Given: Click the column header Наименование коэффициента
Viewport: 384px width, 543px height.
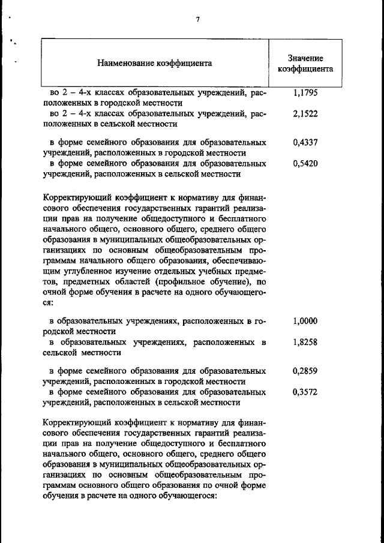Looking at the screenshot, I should point(155,62).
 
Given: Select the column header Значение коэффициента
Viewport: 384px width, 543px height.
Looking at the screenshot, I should point(305,64).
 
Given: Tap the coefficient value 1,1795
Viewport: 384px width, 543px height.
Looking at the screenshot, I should point(305,94).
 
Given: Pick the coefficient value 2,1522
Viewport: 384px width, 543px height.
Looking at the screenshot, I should point(305,114).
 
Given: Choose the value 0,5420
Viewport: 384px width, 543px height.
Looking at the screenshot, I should point(305,164).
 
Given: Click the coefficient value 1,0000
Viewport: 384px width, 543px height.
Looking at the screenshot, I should point(305,321).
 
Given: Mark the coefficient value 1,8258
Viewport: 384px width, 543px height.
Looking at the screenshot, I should point(305,342).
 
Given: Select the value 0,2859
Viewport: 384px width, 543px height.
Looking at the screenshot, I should point(305,371).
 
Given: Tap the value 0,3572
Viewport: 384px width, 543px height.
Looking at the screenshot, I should point(305,392).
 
